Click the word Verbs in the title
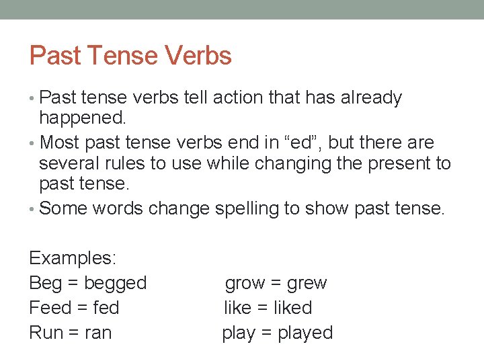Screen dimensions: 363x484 click(200, 56)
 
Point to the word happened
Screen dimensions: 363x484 click(82, 120)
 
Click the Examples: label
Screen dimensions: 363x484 click(73, 259)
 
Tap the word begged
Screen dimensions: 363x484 click(115, 283)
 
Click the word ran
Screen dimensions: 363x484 click(98, 333)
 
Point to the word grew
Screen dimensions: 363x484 click(307, 283)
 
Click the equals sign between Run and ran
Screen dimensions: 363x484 click(74, 333)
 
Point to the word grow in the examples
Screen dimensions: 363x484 click(245, 283)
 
